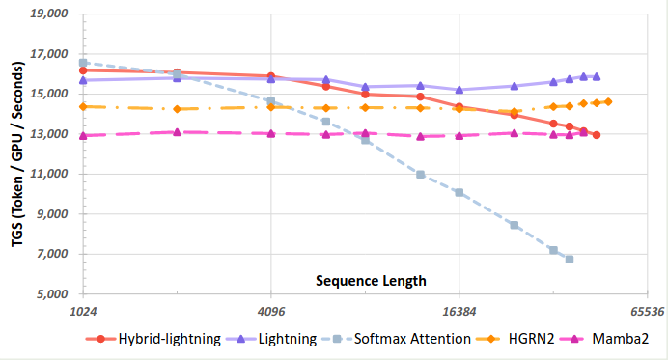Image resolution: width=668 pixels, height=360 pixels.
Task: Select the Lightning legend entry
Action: coord(288,339)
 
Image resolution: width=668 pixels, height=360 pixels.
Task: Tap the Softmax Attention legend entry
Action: coord(411,339)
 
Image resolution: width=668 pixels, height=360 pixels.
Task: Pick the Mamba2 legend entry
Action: coord(614,339)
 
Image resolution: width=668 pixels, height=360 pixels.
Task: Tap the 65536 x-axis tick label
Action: coord(645,312)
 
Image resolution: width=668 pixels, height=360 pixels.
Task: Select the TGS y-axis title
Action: coord(18,154)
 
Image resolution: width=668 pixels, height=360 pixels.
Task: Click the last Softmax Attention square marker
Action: coord(570,260)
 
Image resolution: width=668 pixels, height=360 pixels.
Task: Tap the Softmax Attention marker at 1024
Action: coord(84,63)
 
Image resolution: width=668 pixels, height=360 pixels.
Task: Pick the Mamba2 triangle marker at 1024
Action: coord(84,136)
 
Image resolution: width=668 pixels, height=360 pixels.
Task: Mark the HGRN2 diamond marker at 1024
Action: coord(84,106)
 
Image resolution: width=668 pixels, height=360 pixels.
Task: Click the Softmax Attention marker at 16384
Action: coord(459,192)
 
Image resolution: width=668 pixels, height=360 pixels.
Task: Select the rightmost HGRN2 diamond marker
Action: coord(608,101)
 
